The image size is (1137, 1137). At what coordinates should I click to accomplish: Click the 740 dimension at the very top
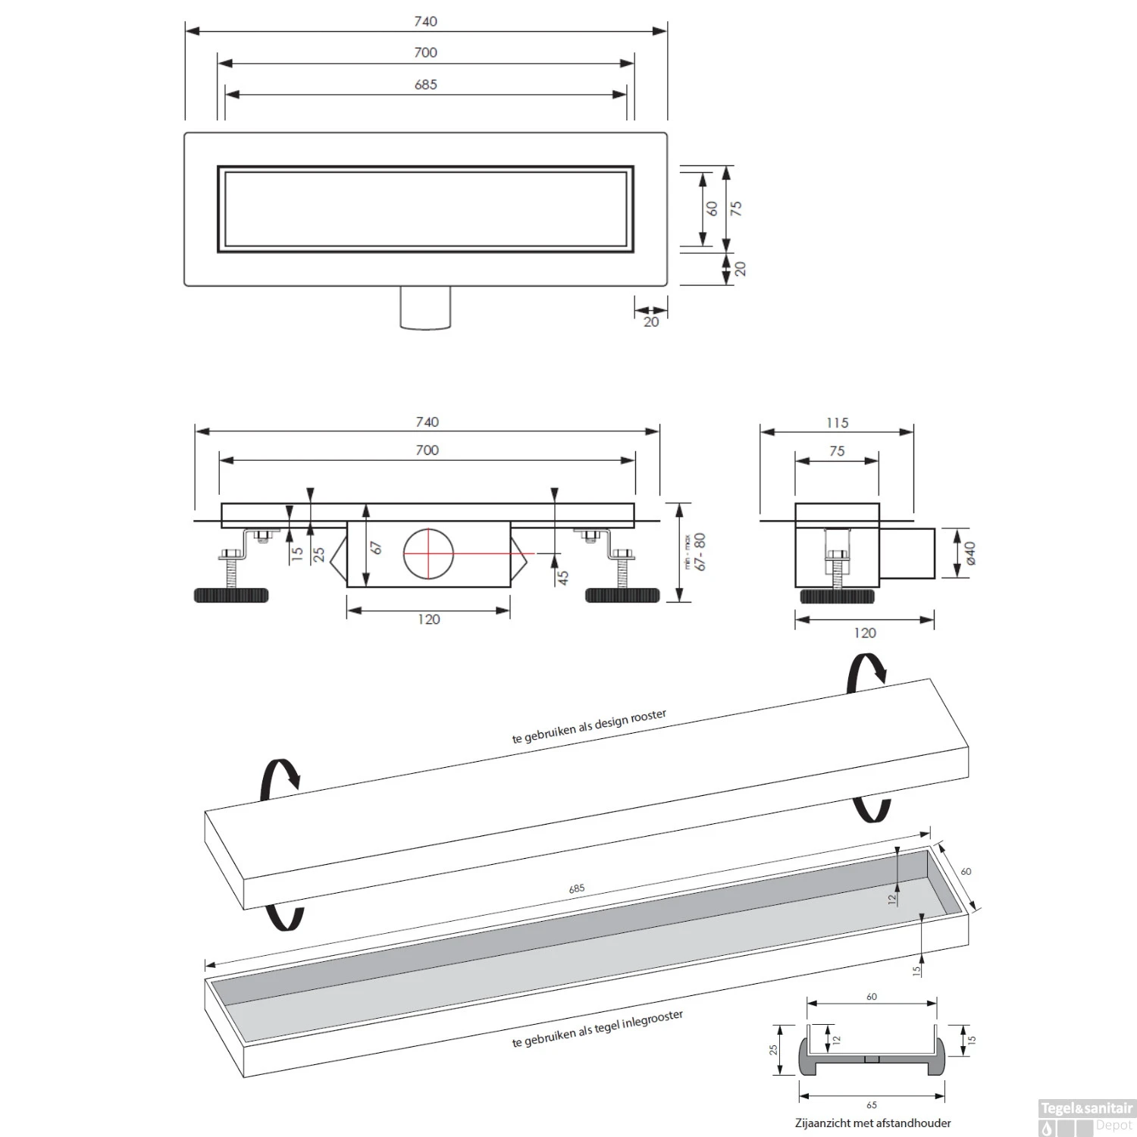coord(426,21)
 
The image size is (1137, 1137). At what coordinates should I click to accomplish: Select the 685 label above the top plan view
coord(426,85)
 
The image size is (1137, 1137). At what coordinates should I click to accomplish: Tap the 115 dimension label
coord(837,422)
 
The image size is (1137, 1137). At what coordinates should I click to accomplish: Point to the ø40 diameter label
coord(971,553)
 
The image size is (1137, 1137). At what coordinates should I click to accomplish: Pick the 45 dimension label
coord(562,578)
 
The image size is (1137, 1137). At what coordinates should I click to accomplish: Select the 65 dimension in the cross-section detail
coord(872,1104)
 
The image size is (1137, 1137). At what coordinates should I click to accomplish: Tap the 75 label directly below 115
coord(836,451)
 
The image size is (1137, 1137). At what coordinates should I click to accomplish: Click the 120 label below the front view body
coord(428,619)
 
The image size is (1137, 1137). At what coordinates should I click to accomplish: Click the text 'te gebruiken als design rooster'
coord(589,727)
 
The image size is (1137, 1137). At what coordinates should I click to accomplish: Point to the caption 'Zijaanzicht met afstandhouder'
coord(873,1123)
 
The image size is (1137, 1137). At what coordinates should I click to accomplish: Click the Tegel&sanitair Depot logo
coord(1087,1117)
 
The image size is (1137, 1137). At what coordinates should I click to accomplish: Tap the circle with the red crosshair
coord(428,553)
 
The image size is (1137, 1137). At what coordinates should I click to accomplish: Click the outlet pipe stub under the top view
coord(425,308)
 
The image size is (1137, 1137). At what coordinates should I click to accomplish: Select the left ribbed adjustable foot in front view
coord(231,595)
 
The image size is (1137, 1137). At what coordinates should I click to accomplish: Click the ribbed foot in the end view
coord(837,596)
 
